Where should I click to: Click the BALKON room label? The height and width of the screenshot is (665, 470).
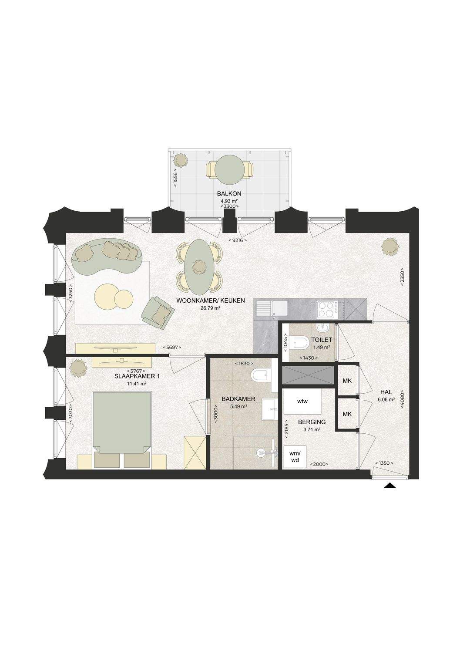[229, 193]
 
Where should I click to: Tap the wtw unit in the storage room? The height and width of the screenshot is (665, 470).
[302, 402]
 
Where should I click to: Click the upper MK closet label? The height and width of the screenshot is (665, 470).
[347, 381]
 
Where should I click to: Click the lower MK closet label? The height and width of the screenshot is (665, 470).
[347, 414]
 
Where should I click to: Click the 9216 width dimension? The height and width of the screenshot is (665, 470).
[237, 240]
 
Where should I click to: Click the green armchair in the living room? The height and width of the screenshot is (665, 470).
[158, 313]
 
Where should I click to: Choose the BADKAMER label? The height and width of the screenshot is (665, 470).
[238, 399]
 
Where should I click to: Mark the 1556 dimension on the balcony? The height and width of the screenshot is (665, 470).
[176, 179]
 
